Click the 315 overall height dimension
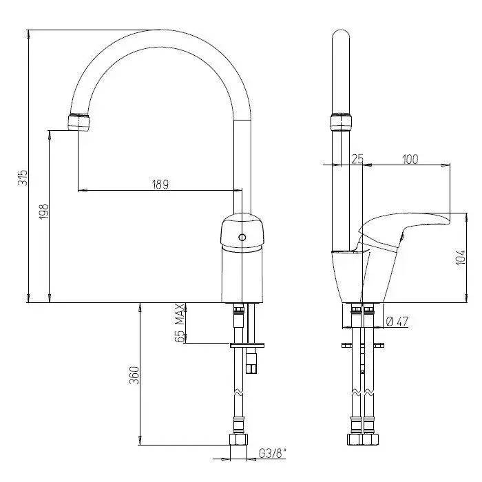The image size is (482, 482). click(x=23, y=178)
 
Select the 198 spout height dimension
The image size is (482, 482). click(x=44, y=211)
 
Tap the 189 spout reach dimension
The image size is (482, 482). click(x=160, y=185)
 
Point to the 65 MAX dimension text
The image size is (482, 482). click(x=180, y=323)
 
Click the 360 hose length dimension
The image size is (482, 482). click(x=134, y=375)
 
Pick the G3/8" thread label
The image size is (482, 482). click(x=272, y=453)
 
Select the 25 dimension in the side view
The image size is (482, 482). click(x=357, y=159)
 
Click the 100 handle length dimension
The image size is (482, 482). click(x=410, y=159)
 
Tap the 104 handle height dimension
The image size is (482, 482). click(x=461, y=258)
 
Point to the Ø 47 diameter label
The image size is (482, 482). click(x=397, y=322)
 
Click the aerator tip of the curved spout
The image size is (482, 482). click(x=79, y=123)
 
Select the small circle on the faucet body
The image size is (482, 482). click(x=242, y=238)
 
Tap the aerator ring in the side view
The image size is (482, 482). click(x=341, y=123)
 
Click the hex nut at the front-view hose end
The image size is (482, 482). click(x=238, y=439)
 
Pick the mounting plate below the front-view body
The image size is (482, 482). click(x=247, y=345)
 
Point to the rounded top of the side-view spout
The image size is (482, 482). click(x=341, y=34)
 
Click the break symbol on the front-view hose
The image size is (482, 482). click(x=238, y=393)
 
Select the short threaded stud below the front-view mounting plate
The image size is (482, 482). click(x=252, y=363)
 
